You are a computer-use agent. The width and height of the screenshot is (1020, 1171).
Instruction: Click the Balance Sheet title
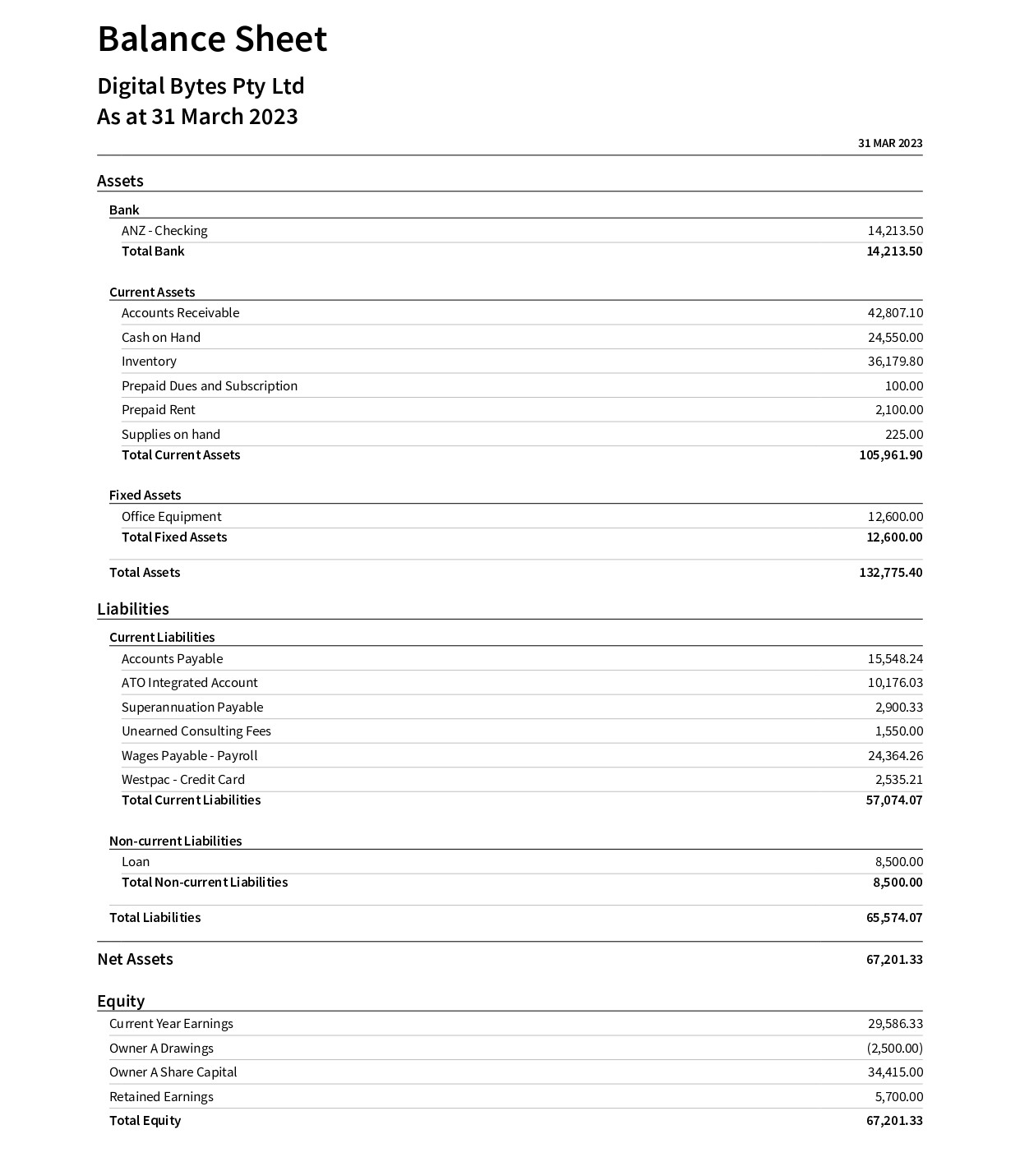pyautogui.click(x=212, y=39)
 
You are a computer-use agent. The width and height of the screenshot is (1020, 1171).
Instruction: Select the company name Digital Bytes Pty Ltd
pyautogui.click(x=201, y=86)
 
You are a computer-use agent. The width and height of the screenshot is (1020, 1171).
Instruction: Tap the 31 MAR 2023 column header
pyautogui.click(x=889, y=143)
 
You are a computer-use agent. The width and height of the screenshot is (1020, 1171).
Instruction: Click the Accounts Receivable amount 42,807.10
pyautogui.click(x=894, y=313)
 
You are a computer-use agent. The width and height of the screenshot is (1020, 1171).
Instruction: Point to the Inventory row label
pyautogui.click(x=149, y=362)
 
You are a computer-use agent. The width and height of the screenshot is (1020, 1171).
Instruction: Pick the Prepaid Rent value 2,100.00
pyautogui.click(x=898, y=410)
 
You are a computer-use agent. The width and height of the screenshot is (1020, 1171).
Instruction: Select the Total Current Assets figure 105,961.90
pyautogui.click(x=890, y=455)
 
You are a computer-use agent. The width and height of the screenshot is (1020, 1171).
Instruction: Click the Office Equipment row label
pyautogui.click(x=171, y=517)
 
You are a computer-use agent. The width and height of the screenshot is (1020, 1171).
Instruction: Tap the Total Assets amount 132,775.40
pyautogui.click(x=890, y=573)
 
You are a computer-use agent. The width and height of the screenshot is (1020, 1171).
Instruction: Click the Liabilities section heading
pyautogui.click(x=133, y=609)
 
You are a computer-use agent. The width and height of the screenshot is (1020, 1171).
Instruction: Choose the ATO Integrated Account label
pyautogui.click(x=189, y=683)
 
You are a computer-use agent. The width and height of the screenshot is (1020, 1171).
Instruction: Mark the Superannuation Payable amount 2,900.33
pyautogui.click(x=898, y=708)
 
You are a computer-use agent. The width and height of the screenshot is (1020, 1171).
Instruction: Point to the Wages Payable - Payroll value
pyautogui.click(x=894, y=756)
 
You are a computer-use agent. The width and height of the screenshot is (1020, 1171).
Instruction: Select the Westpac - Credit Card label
pyautogui.click(x=182, y=780)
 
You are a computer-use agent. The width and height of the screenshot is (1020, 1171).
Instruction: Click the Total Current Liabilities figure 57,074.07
pyautogui.click(x=893, y=800)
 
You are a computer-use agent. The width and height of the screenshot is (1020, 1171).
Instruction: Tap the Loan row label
pyautogui.click(x=136, y=862)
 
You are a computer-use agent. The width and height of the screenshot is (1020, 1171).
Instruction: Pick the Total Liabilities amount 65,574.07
pyautogui.click(x=893, y=918)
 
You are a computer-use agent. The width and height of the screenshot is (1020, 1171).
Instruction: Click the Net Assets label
pyautogui.click(x=135, y=960)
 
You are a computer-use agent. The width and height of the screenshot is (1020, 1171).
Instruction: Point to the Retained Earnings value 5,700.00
pyautogui.click(x=898, y=1097)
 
